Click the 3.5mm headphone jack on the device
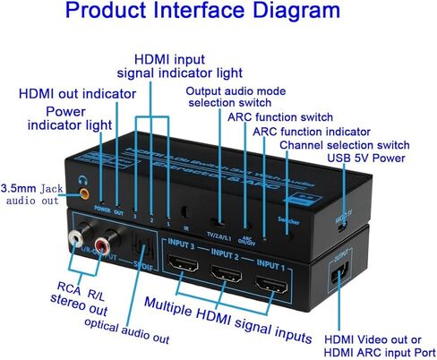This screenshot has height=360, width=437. pyautogui.click(x=84, y=191)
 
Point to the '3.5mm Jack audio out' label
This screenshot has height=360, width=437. pyautogui.click(x=36, y=195)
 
